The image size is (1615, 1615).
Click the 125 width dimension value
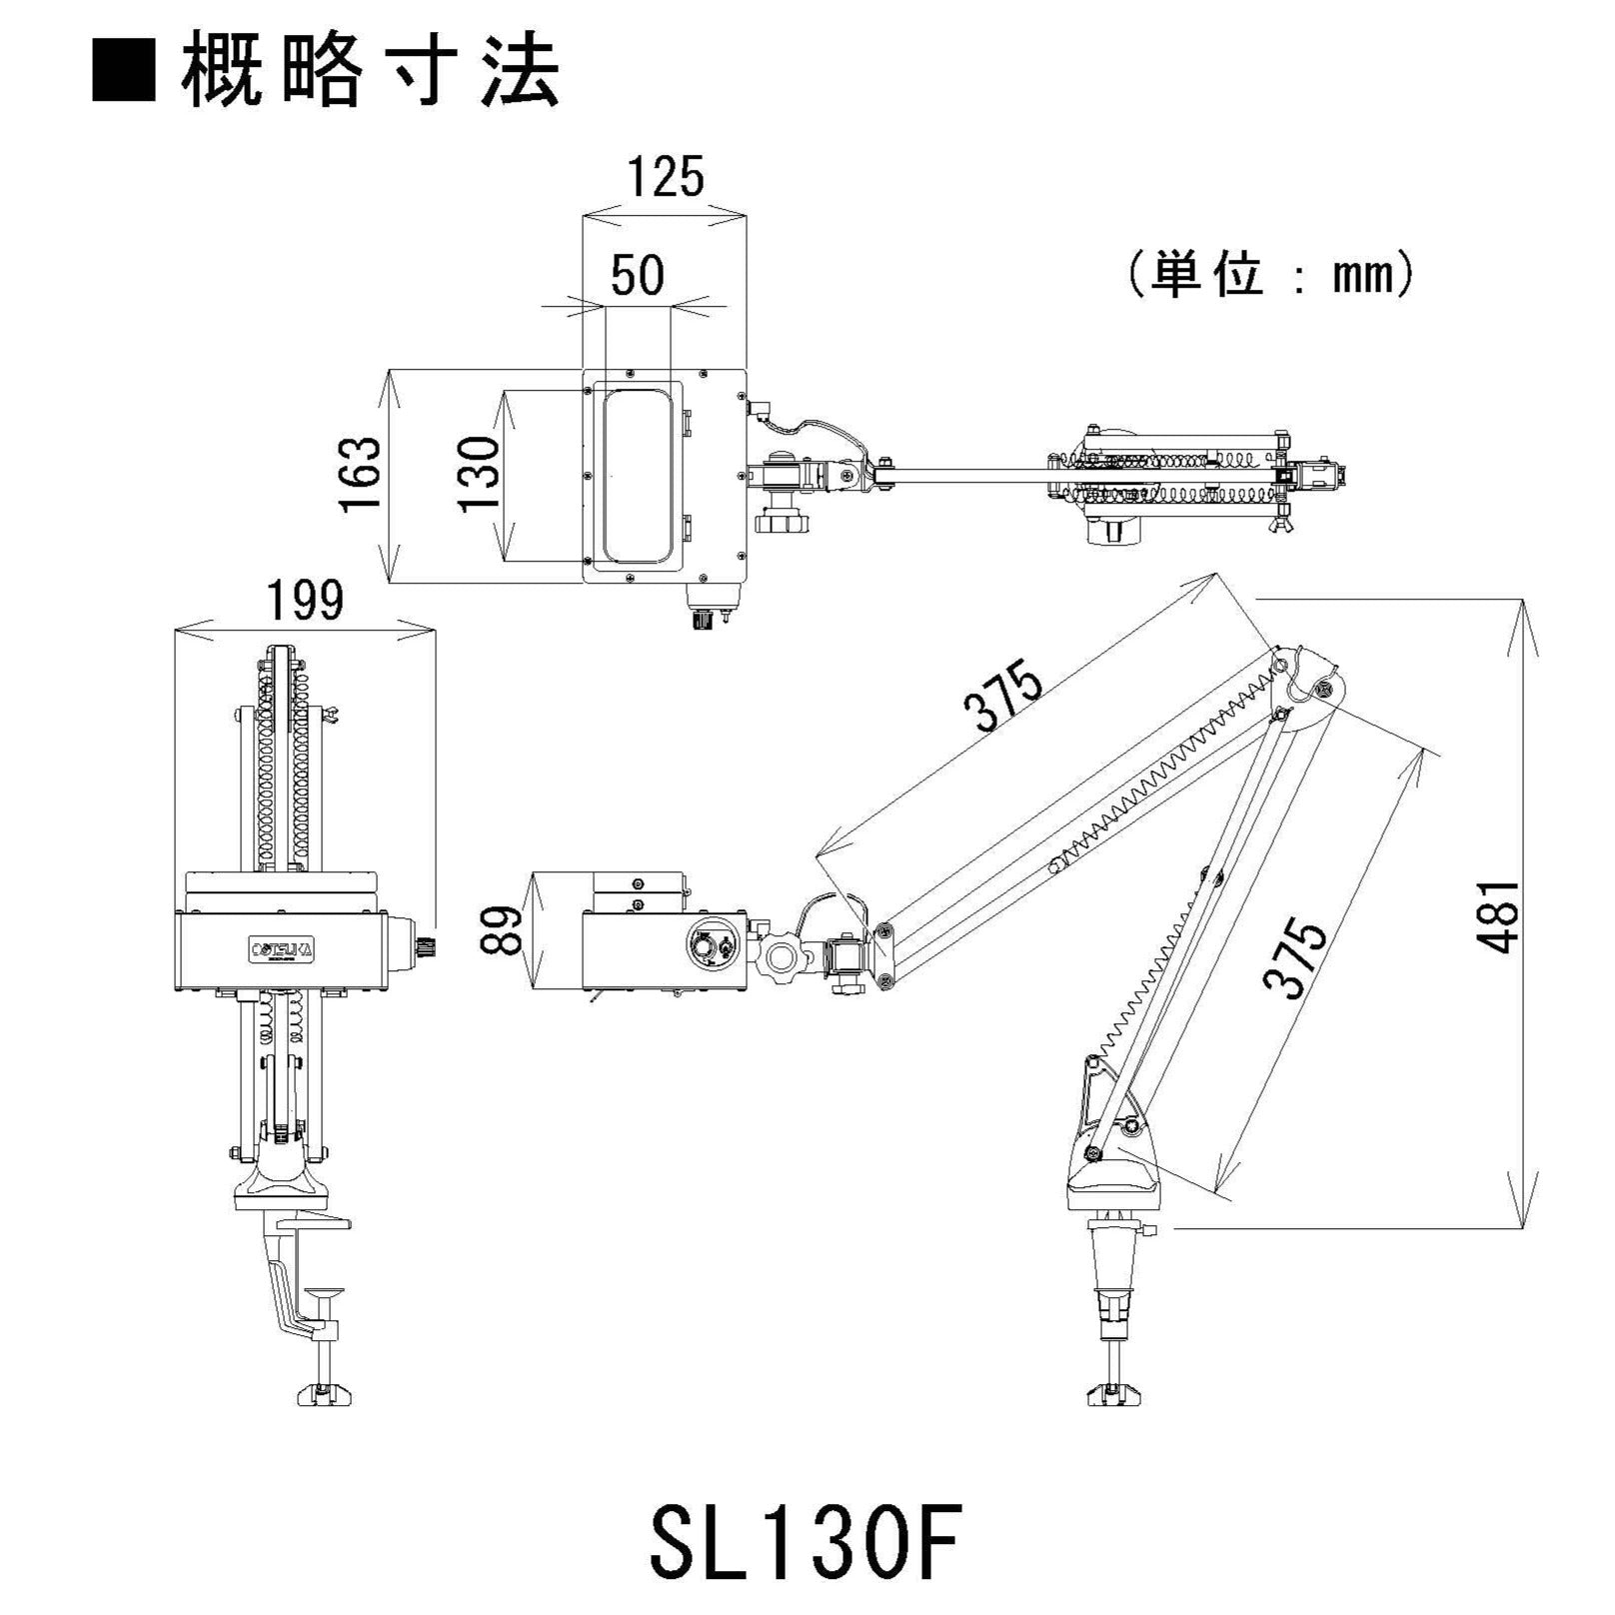(666, 178)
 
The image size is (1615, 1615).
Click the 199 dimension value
(305, 601)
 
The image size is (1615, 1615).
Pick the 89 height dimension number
(506, 929)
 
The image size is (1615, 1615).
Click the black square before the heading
(124, 71)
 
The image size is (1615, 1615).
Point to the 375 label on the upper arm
(1003, 698)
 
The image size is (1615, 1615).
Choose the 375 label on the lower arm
(1295, 959)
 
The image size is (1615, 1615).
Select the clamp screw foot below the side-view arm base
(1113, 1392)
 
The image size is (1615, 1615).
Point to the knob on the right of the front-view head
(422, 946)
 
